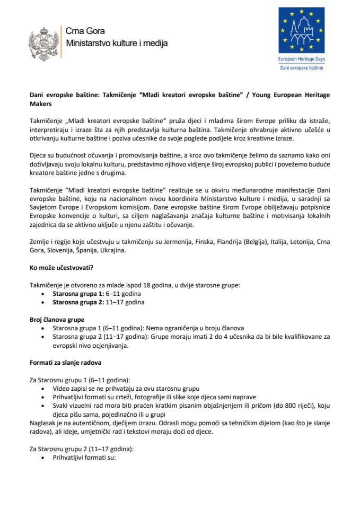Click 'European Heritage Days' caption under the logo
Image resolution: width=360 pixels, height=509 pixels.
pyautogui.click(x=301, y=62)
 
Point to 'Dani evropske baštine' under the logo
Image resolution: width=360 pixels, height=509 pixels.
pyautogui.click(x=301, y=68)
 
